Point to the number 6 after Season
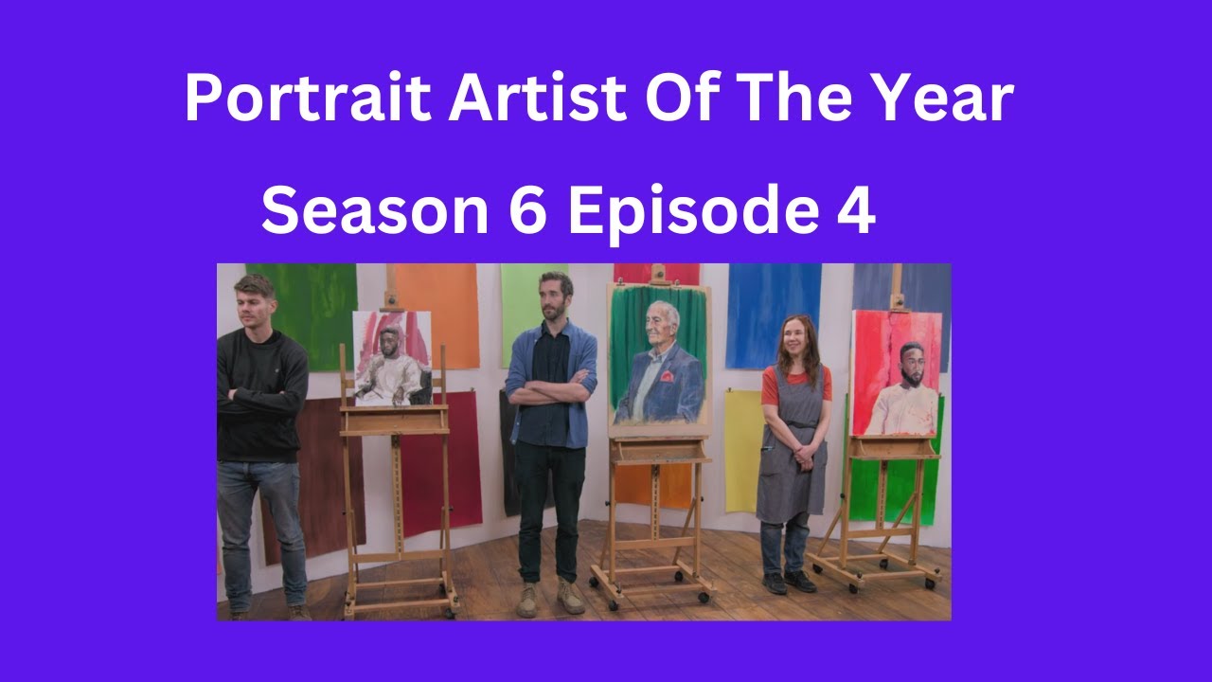click(x=528, y=210)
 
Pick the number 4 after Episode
click(x=854, y=210)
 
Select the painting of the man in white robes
click(x=392, y=359)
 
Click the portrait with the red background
click(x=896, y=372)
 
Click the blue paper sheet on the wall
click(x=772, y=314)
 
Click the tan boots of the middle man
click(x=550, y=598)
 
